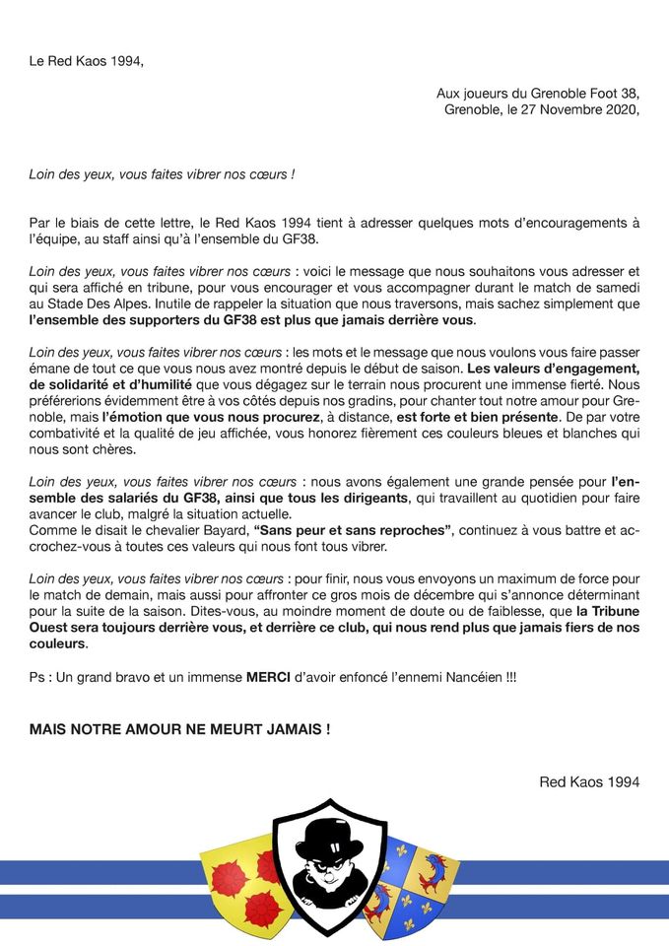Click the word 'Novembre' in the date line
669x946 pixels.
coord(559,109)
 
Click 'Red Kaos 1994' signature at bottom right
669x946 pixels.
coord(589,782)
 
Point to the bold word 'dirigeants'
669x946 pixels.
coord(359,499)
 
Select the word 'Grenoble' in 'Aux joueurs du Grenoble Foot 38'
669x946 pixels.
coord(557,93)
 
